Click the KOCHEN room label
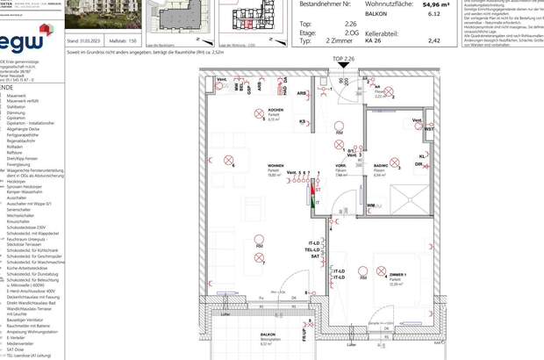[276, 111]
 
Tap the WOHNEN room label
[276, 165]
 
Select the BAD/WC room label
[381, 165]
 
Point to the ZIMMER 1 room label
[397, 275]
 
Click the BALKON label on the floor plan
[268, 335]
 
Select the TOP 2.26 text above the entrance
[343, 59]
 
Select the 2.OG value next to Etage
[351, 32]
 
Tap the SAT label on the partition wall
[314, 256]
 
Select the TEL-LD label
[313, 249]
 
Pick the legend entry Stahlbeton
[17, 107]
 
